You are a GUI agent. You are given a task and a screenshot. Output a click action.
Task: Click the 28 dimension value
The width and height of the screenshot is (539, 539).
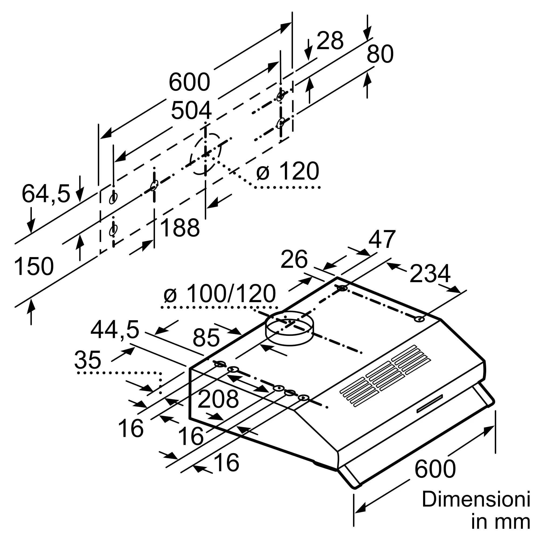[330, 41]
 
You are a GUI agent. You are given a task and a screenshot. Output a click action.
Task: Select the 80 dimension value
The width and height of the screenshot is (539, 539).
[380, 54]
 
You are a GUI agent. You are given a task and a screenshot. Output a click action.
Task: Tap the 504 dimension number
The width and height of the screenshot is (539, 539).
[191, 111]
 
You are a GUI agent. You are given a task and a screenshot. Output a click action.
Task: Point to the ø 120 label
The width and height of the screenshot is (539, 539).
[288, 171]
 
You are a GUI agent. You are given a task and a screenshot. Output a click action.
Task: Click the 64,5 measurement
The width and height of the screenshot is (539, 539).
[46, 194]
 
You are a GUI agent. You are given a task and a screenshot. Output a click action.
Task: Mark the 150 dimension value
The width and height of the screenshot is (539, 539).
[33, 267]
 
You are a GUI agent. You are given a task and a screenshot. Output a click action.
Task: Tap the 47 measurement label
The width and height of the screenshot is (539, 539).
[382, 239]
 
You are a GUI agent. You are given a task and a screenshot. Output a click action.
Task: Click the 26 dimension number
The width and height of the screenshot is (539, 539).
[294, 260]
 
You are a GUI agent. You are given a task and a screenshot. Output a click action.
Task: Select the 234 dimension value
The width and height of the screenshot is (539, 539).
[430, 274]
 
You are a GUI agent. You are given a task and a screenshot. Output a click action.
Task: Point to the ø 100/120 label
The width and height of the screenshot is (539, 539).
[220, 294]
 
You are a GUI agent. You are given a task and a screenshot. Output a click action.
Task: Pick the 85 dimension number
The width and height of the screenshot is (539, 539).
[206, 338]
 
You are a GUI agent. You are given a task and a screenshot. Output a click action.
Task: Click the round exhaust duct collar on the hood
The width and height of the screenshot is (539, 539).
[290, 328]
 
